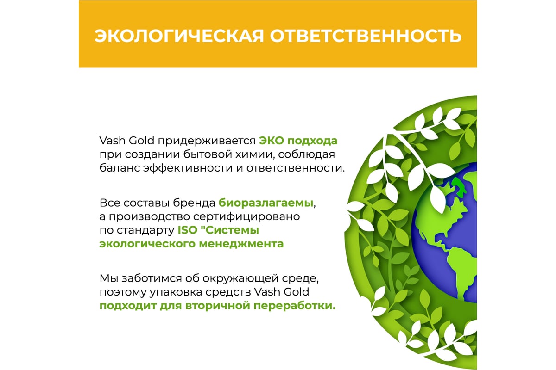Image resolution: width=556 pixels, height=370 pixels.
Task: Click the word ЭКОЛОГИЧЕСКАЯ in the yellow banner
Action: click(179, 36)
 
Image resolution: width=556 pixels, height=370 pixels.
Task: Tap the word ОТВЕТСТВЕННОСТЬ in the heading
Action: click(366, 36)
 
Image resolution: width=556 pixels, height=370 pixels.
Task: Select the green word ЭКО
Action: click(272, 141)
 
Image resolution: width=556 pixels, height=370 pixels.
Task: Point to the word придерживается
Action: click(207, 141)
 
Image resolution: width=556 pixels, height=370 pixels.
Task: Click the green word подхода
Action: click(312, 141)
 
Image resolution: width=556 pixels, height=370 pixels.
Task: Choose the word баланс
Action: click(120, 168)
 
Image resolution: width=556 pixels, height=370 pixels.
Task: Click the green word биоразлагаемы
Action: click(266, 203)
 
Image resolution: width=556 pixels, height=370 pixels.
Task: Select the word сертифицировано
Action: click(246, 217)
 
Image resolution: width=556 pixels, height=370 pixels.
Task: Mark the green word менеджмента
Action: click(241, 244)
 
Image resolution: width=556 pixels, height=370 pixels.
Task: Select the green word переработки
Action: click(294, 306)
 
